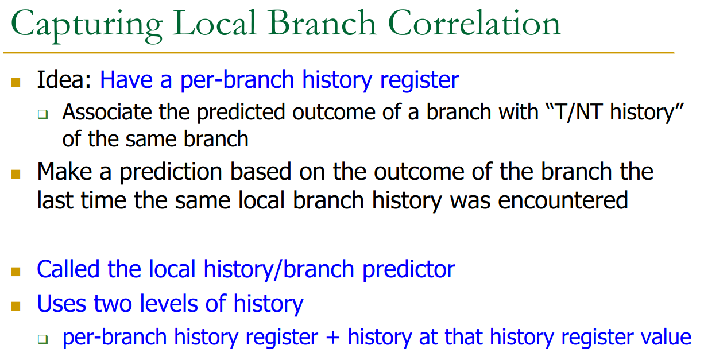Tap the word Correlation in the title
coord(474,23)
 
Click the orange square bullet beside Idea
coord(16,82)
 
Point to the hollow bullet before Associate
coord(42,114)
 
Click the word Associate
coord(107,112)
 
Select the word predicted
coord(241,113)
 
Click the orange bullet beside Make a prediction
coord(16,174)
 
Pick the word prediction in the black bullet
coord(171,172)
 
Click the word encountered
coord(563,200)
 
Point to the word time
coord(103,200)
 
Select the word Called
coord(68,269)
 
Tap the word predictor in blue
coord(409,270)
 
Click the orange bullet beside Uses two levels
coord(16,306)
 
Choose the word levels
coord(169,304)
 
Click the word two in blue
coord(113,304)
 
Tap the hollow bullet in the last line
coord(42,339)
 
